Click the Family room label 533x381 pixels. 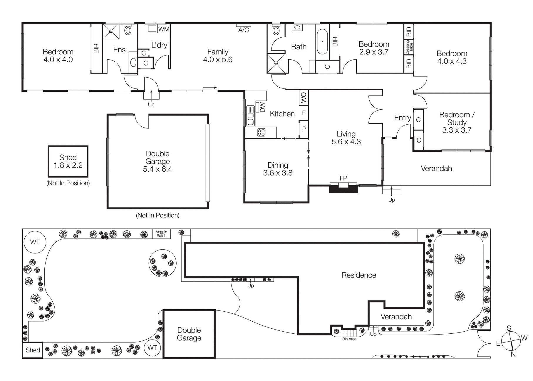tap(218, 52)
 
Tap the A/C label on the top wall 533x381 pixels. tap(244, 30)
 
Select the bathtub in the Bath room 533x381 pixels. tap(322, 42)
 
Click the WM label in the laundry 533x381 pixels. tap(164, 29)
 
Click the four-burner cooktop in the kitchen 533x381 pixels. tap(261, 132)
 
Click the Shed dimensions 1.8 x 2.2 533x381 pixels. tap(68, 166)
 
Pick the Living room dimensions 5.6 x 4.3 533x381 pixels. tap(346, 142)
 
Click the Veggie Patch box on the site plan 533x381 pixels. tap(161, 234)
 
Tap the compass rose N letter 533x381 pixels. tap(513, 354)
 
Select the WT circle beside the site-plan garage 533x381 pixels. tap(152, 348)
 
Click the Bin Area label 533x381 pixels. tap(349, 339)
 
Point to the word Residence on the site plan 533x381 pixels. tap(358, 275)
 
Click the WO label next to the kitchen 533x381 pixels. tap(304, 97)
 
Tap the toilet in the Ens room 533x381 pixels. tap(128, 30)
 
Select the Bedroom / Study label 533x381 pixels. tap(457, 118)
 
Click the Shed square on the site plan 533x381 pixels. tap(33, 350)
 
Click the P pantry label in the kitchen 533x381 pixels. tap(304, 129)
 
